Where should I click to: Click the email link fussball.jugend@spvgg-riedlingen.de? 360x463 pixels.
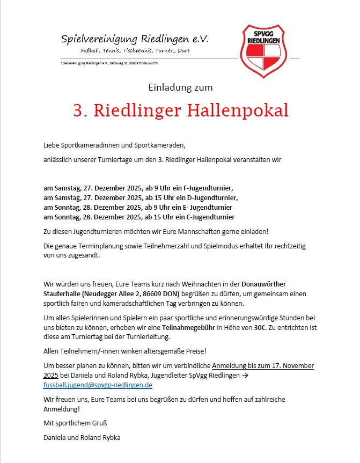coord(98,385)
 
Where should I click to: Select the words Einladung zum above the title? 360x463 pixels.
coord(180,87)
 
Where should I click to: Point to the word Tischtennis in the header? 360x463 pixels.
coord(127,51)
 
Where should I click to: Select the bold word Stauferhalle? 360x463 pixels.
coord(64,294)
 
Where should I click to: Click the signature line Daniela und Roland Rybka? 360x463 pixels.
coord(82,437)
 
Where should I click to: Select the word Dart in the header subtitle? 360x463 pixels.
coord(182,51)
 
